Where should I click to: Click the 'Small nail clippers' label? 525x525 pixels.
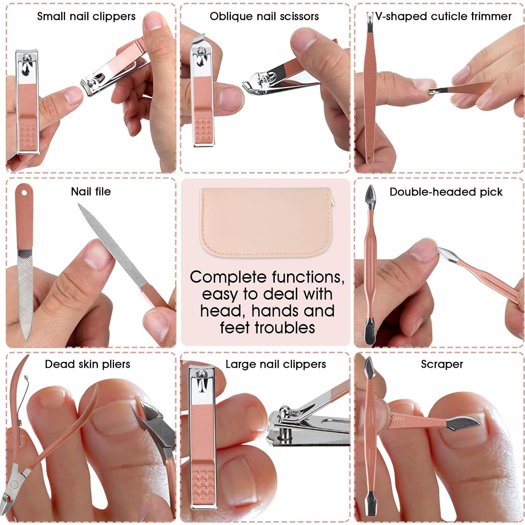tap(86, 16)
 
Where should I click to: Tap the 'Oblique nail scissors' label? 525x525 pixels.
tap(264, 16)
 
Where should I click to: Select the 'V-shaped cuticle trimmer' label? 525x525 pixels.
tap(443, 16)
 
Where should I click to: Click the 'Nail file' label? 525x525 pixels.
tap(91, 192)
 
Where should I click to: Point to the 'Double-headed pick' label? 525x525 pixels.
tap(446, 192)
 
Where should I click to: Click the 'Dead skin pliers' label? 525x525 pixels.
tap(87, 364)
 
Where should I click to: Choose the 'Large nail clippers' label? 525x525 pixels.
tap(275, 364)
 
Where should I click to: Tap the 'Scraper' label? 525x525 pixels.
tap(441, 364)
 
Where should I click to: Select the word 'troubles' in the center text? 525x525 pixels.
tap(285, 328)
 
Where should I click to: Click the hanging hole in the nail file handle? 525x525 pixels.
tap(24, 193)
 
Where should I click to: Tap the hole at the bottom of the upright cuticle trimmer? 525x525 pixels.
tap(369, 160)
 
